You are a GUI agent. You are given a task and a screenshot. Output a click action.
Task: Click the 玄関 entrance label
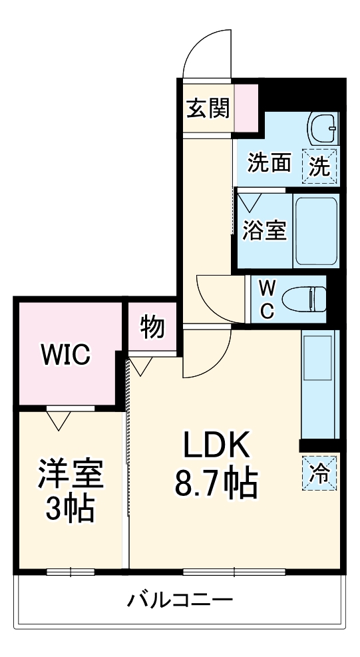coord(208,108)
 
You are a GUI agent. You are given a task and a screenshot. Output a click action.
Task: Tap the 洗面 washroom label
coord(269,163)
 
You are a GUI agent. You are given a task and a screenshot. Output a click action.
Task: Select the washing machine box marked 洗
coord(321,164)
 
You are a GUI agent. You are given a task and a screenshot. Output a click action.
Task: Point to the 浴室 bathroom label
coord(264,230)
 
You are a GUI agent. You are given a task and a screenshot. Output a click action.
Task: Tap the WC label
coord(266,300)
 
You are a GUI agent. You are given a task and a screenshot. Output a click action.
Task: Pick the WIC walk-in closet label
coord(65,355)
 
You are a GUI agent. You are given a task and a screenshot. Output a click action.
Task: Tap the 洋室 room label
coord(70,475)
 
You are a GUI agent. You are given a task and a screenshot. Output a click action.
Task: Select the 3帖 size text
coord(70,511)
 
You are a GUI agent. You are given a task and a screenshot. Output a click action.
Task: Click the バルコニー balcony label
coord(180,600)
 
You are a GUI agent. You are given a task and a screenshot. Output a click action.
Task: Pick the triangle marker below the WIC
coord(59,419)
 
